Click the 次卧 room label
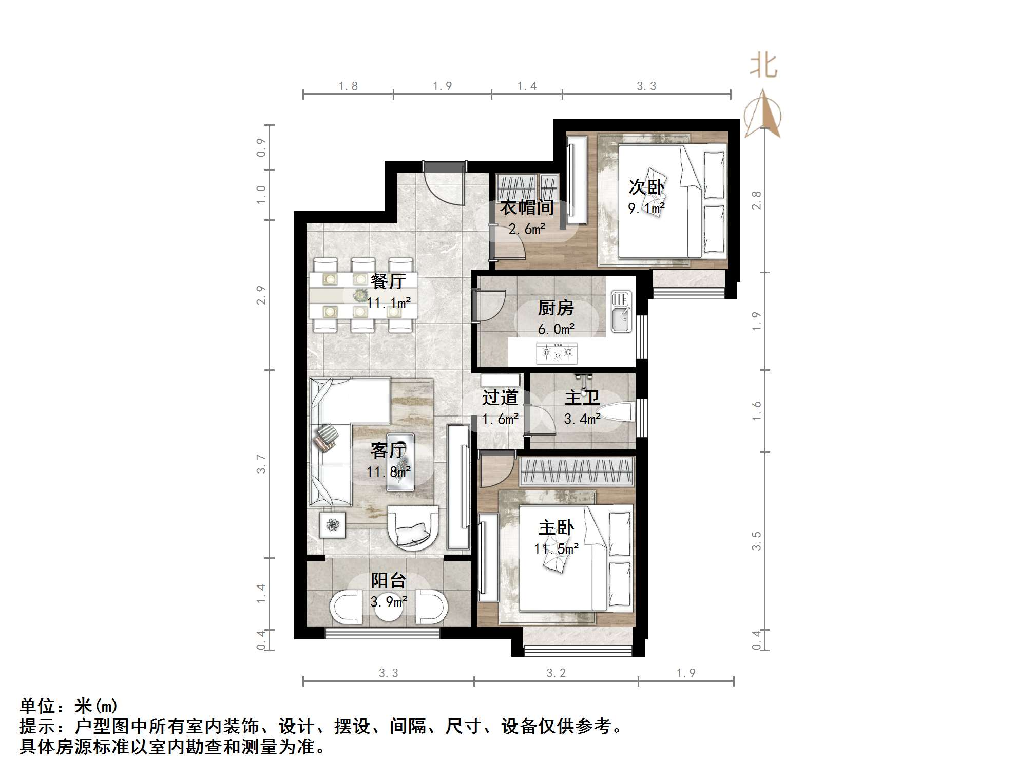tap(646, 187)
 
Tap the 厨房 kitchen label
tap(556, 308)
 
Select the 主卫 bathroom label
tap(582, 398)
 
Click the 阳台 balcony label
tap(389, 580)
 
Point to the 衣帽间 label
tap(527, 207)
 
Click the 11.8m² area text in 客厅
tap(389, 471)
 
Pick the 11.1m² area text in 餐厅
tap(389, 302)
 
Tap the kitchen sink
tap(621, 311)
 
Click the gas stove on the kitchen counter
tap(557, 353)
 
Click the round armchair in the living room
tap(413, 528)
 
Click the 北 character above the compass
tap(763, 67)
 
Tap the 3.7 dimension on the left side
tap(261, 463)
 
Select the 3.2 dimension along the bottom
tap(556, 673)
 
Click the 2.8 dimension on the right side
tap(756, 200)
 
